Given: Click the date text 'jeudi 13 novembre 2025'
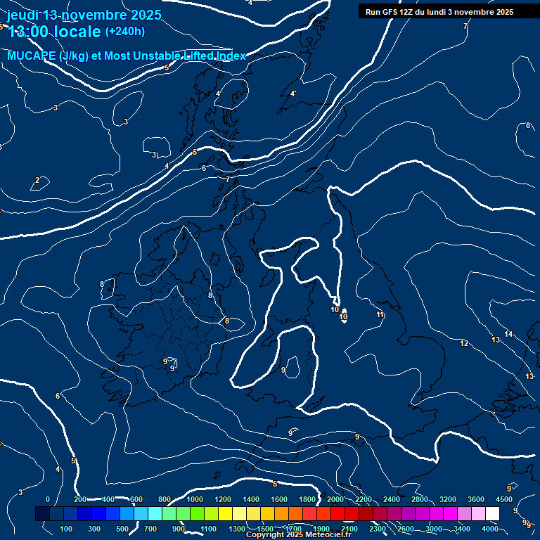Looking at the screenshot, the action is pyautogui.click(x=84, y=15).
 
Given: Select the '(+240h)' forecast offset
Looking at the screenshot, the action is pyautogui.click(x=125, y=32).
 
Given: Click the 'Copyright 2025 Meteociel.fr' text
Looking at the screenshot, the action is pyautogui.click(x=299, y=535).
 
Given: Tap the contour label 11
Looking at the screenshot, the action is pyautogui.click(x=380, y=314).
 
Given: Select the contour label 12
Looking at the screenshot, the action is pyautogui.click(x=464, y=343).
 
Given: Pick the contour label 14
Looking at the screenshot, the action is pyautogui.click(x=508, y=333).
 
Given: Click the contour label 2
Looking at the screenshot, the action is pyautogui.click(x=37, y=181).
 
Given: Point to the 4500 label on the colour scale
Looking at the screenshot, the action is pyautogui.click(x=504, y=499).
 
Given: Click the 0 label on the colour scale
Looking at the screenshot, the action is pyautogui.click(x=48, y=499).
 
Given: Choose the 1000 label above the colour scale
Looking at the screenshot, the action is pyautogui.click(x=195, y=499).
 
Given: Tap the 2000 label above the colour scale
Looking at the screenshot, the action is pyautogui.click(x=335, y=499).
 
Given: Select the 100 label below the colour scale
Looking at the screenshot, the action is pyautogui.click(x=67, y=528).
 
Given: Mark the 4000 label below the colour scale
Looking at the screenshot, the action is pyautogui.click(x=490, y=528).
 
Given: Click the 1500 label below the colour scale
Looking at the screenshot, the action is pyautogui.click(x=265, y=528).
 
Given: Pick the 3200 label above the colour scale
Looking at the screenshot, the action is pyautogui.click(x=448, y=499).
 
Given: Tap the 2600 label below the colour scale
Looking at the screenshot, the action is pyautogui.click(x=406, y=528).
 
